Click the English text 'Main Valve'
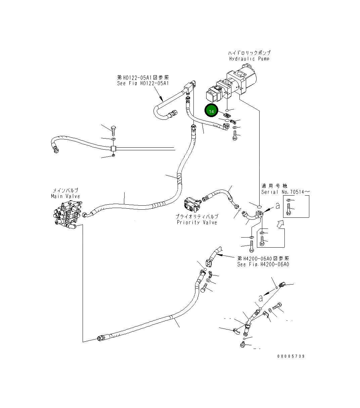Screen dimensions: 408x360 coord(65,196)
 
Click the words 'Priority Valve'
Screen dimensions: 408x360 coord(197,222)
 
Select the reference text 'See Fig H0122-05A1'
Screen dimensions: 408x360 coord(143,84)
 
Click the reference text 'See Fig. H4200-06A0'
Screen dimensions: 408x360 coord(263,264)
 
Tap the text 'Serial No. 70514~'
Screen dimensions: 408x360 coord(285,192)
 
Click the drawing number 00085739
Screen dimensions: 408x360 coord(291,356)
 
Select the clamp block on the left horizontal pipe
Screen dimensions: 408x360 coord(113,148)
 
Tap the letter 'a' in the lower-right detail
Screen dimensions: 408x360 coord(260,298)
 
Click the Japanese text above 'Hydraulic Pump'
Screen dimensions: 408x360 coord(249,53)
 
